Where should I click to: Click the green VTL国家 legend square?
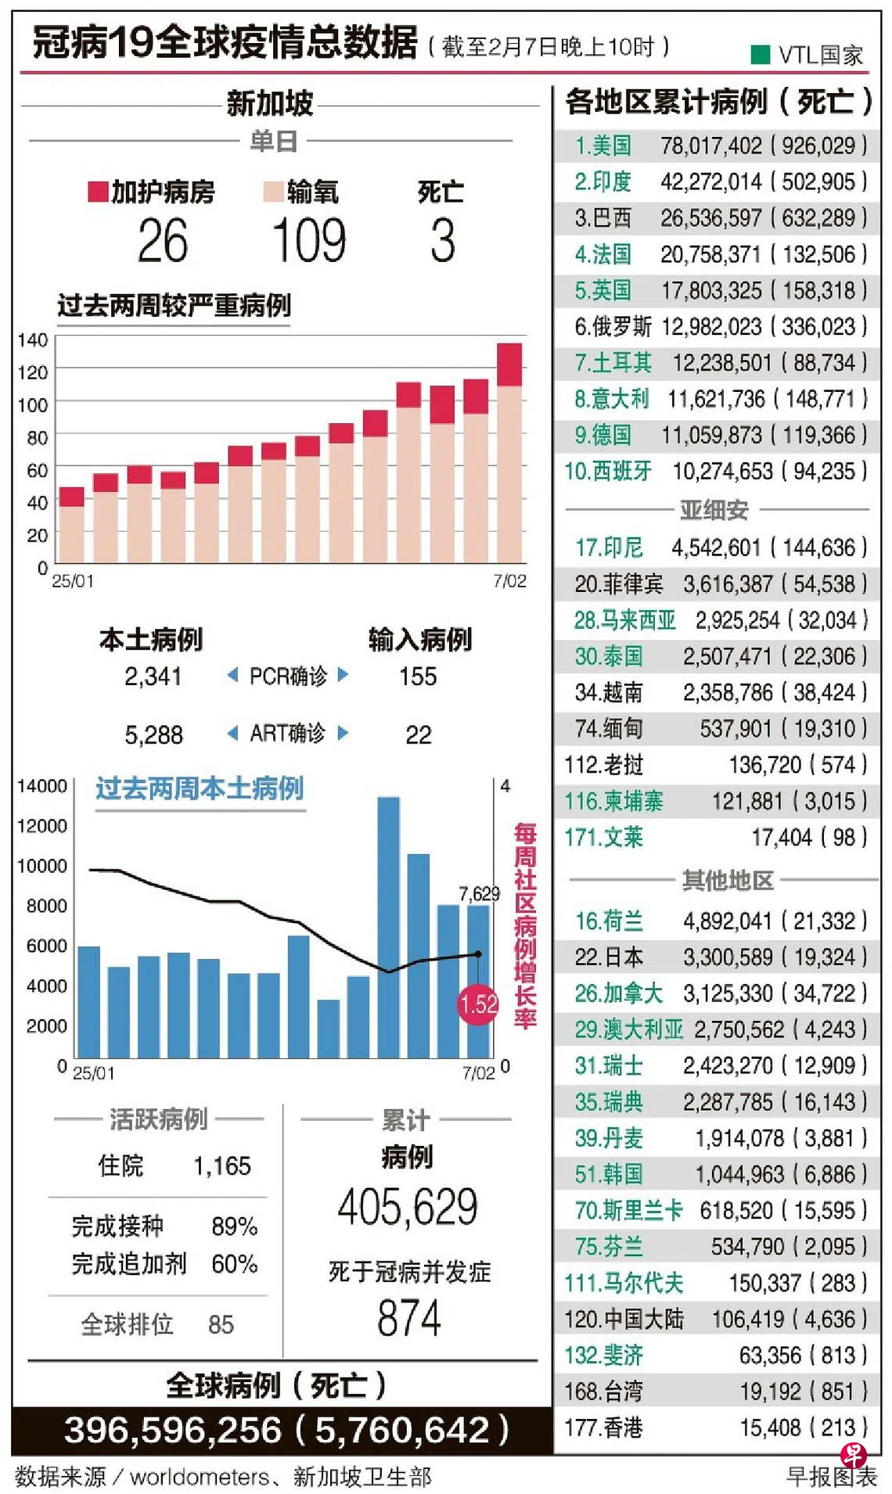[x=760, y=54]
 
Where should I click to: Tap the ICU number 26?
[x=163, y=240]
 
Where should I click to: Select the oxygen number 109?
[x=309, y=240]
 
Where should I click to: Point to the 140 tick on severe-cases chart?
[x=33, y=339]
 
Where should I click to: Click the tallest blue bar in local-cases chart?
[x=388, y=927]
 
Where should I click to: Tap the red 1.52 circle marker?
[x=478, y=1004]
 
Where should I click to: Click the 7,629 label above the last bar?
[x=478, y=893]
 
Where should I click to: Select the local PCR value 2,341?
[x=153, y=676]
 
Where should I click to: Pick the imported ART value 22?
[x=418, y=734]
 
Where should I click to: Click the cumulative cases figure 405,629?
[x=408, y=1207]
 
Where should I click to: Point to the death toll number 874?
[x=408, y=1318]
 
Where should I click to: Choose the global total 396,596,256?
[x=173, y=1430]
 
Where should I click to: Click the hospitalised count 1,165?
[x=222, y=1166]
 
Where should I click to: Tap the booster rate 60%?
[x=234, y=1264]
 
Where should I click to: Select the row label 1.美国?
[x=602, y=145]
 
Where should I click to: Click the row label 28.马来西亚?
[x=624, y=620]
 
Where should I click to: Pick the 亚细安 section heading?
[x=714, y=510]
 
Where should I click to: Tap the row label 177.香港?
[x=603, y=1428]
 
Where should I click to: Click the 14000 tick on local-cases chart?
[x=42, y=786]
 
